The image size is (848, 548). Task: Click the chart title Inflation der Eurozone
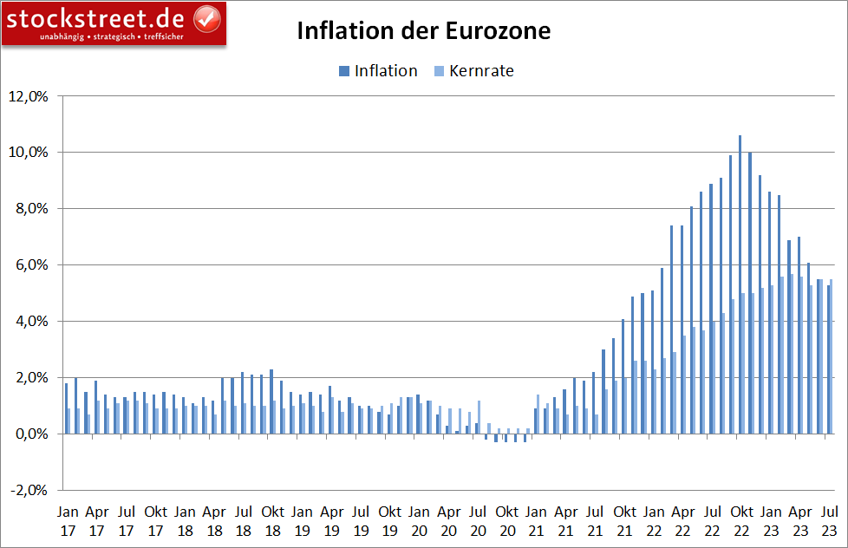pos(423,32)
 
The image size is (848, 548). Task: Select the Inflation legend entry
pos(377,71)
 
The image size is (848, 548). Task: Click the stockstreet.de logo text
pos(97,16)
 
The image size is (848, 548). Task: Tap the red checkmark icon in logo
pos(206,16)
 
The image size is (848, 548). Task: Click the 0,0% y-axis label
pos(29,434)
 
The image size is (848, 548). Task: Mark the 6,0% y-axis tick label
pos(29,264)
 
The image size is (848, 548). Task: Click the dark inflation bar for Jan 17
pos(66,408)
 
